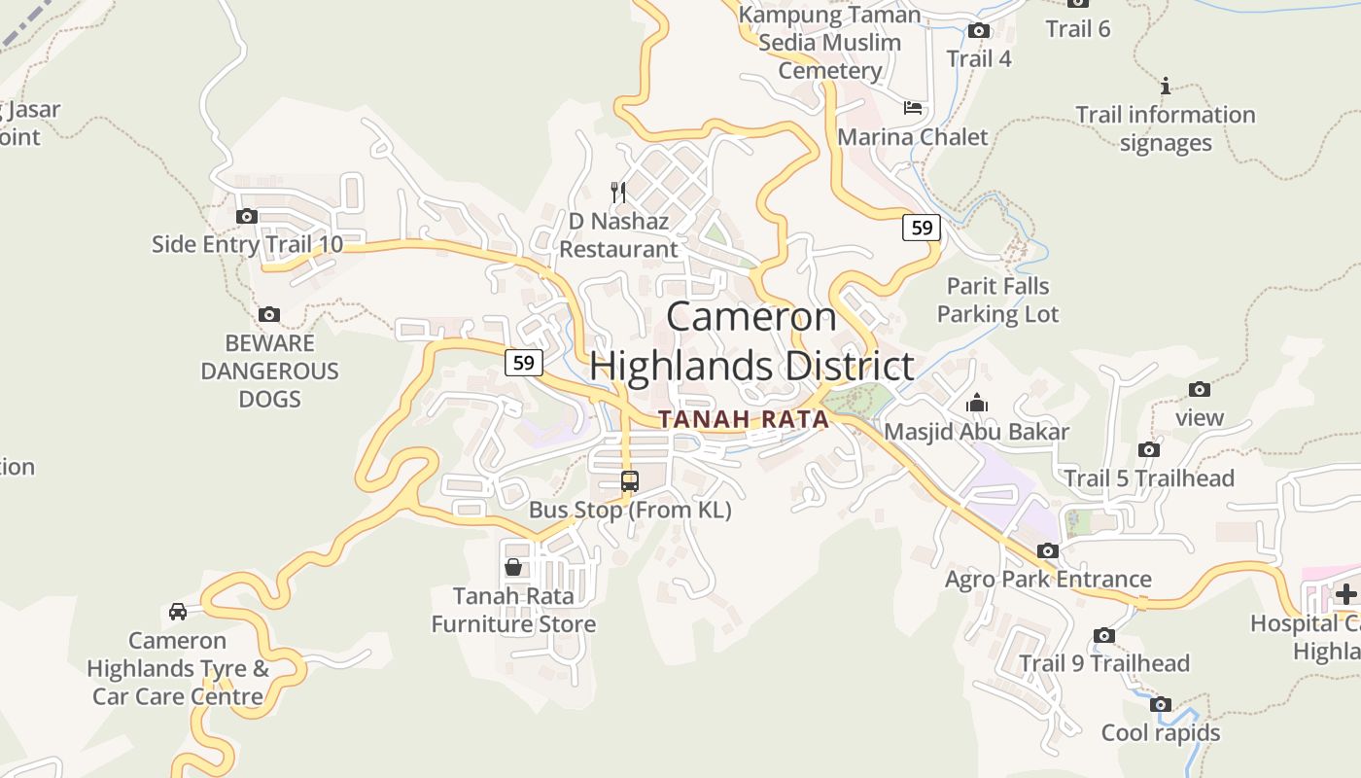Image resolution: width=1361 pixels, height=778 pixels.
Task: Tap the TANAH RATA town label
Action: pos(744,420)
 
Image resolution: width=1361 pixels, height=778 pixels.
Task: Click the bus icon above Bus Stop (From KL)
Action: pos(630,480)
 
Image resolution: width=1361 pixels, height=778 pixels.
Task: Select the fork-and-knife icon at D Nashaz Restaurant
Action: pos(617,192)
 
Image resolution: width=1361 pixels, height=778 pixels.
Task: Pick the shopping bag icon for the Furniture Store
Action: pos(513,567)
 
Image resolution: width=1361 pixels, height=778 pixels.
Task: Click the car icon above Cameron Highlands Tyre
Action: pos(178,612)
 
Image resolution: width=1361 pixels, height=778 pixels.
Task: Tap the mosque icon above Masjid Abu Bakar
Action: pos(977,403)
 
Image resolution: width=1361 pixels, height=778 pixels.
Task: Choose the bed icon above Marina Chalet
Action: pos(913,107)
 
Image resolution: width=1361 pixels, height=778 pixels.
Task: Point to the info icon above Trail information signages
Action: pos(1166,86)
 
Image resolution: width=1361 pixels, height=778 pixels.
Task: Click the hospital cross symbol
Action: pos(1346,592)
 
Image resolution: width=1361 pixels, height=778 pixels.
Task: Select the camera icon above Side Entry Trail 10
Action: pos(247,216)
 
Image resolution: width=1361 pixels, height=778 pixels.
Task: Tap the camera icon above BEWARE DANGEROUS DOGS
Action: pos(269,314)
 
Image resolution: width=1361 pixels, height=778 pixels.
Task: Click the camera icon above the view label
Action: pos(1200,390)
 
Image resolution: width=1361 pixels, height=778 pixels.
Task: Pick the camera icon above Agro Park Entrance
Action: pos(1048,550)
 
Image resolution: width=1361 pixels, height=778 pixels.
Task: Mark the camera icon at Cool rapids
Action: pos(1160,704)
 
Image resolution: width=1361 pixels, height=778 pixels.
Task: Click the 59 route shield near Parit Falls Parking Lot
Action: pos(922,228)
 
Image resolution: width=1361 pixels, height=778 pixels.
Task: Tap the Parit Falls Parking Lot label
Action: pos(997,300)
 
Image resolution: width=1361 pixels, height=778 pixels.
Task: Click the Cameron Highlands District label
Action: pos(751,342)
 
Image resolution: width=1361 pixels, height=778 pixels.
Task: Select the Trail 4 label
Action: pos(979,58)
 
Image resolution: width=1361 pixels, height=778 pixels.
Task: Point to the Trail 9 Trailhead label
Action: pos(1103,663)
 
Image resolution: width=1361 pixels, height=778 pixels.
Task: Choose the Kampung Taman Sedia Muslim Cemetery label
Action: pos(829,43)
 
